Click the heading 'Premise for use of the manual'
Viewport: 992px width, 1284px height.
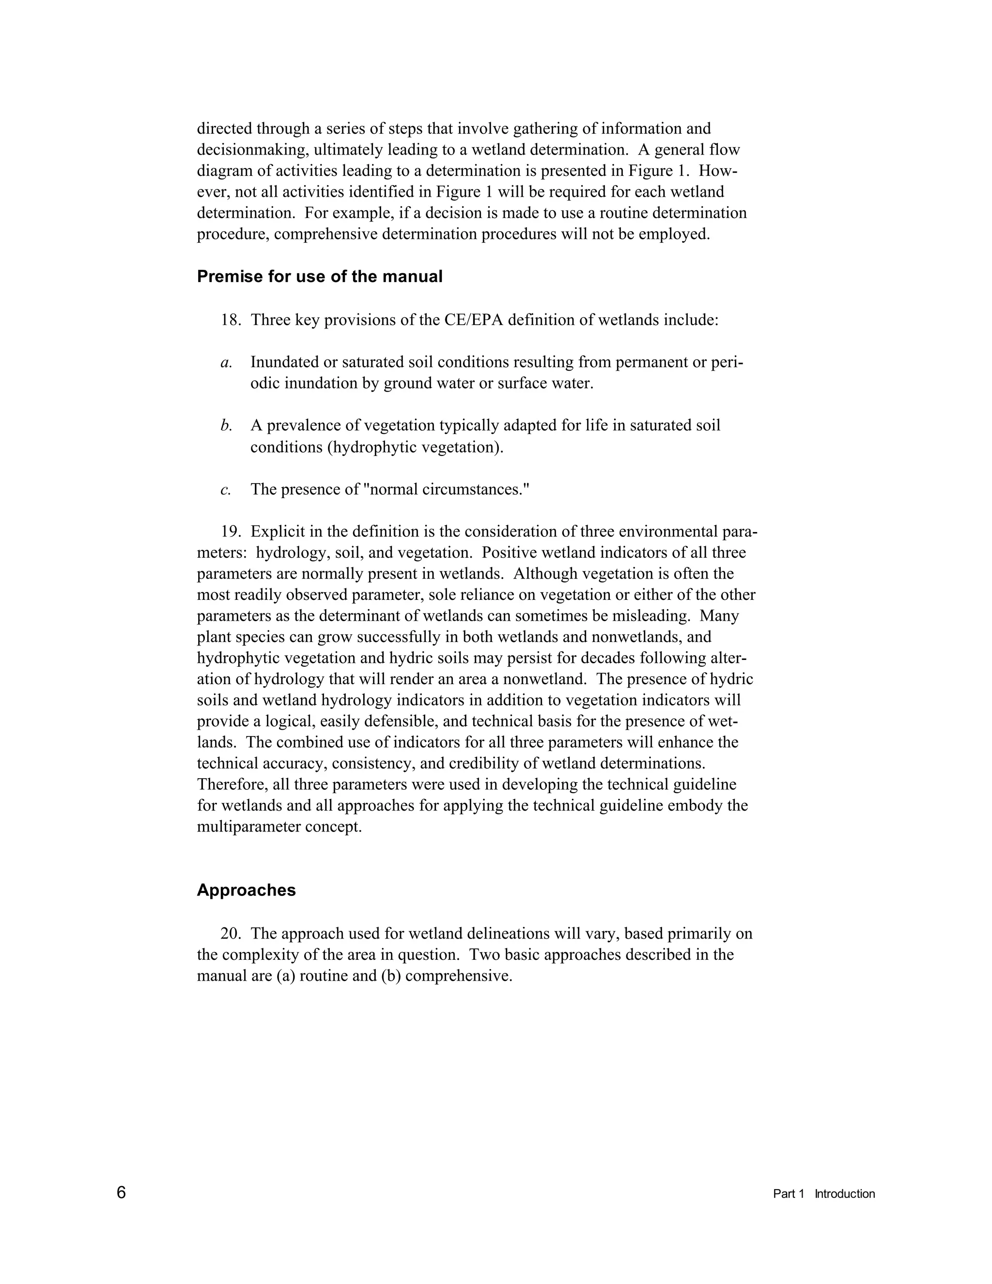(x=319, y=276)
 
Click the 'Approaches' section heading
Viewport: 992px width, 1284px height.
(x=246, y=890)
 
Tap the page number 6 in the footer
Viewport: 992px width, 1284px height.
(x=121, y=1192)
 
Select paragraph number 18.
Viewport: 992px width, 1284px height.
(x=231, y=320)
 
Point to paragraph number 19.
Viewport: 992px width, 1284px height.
(x=231, y=532)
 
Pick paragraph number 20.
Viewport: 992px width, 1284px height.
(x=231, y=934)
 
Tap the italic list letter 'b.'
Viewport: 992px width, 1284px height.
(x=226, y=425)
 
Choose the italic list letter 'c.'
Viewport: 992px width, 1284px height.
(x=225, y=490)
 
